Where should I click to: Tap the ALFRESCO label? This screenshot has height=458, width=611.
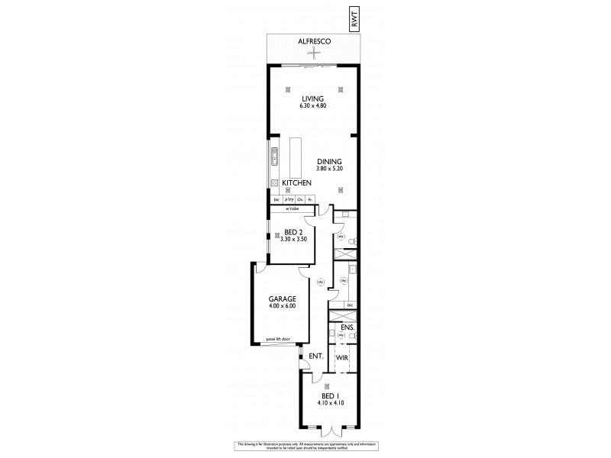click(x=312, y=43)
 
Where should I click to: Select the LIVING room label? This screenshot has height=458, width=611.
click(x=312, y=98)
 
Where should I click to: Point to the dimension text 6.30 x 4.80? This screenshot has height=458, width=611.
click(x=312, y=106)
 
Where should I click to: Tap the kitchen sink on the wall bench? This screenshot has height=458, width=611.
click(x=272, y=161)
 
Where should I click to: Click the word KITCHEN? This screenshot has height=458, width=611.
click(x=296, y=184)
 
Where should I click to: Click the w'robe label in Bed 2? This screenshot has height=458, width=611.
click(x=291, y=208)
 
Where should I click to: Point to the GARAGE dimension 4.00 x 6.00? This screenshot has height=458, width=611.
click(x=281, y=306)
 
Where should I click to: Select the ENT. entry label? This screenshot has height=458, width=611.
click(x=315, y=356)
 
